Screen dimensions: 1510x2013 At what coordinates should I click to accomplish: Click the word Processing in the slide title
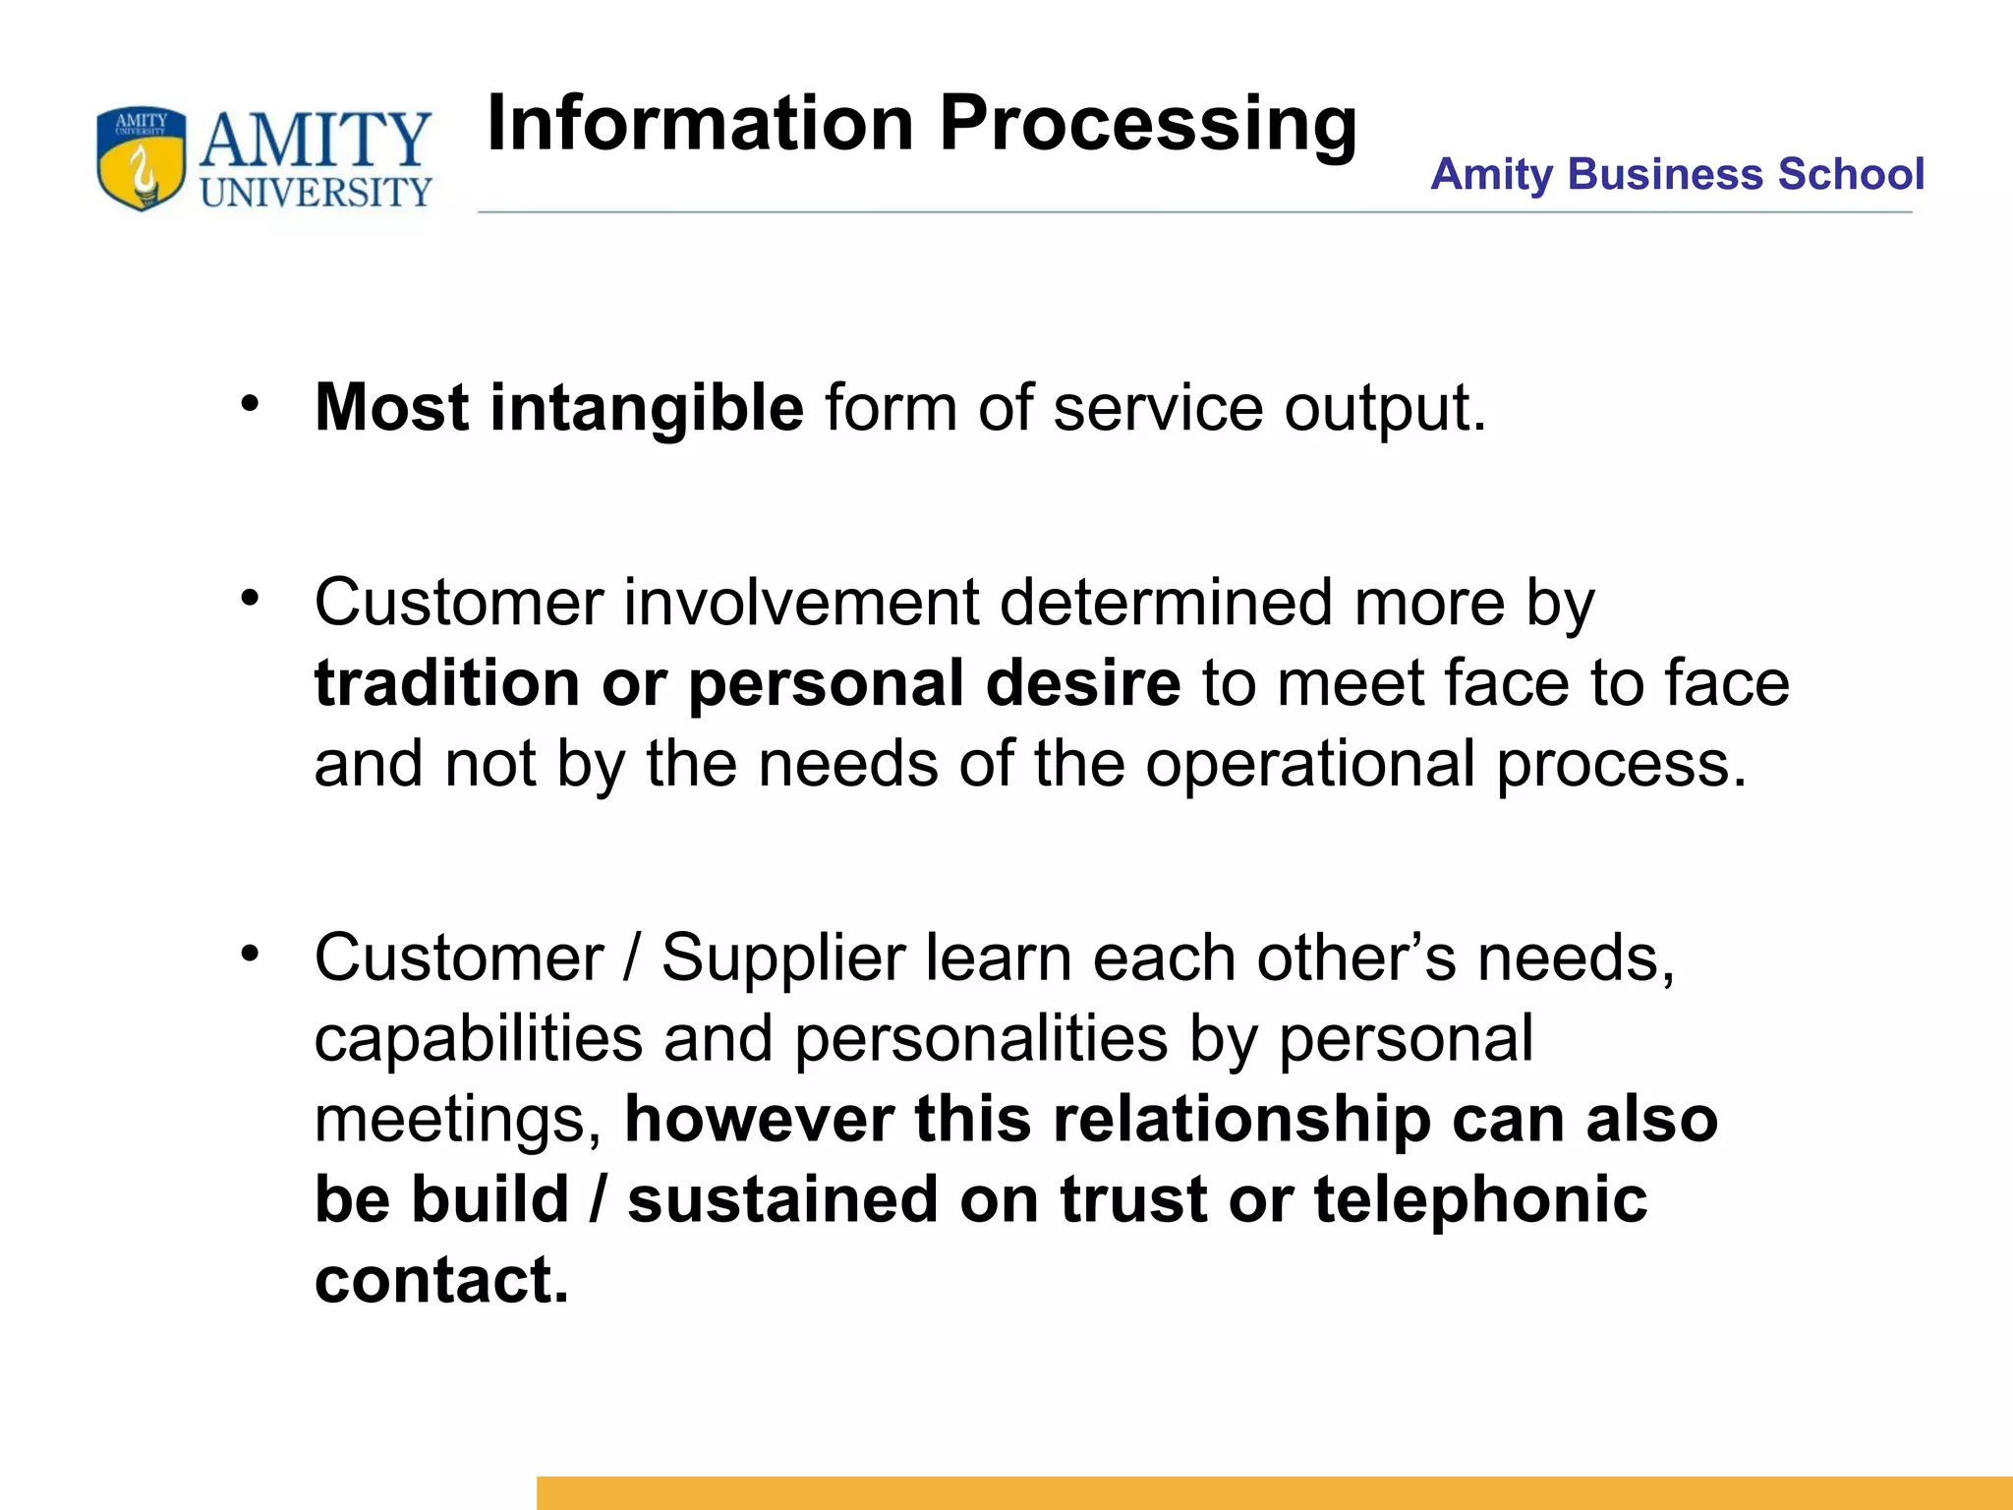(x=1147, y=124)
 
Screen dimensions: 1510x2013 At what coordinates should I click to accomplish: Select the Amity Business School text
(x=1676, y=174)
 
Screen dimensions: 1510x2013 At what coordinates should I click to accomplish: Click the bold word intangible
(x=647, y=408)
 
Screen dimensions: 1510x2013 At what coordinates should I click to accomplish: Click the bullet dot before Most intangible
(x=251, y=403)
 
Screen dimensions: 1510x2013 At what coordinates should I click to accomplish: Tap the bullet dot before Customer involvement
(x=251, y=597)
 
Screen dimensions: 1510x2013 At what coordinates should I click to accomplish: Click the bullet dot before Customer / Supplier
(x=251, y=953)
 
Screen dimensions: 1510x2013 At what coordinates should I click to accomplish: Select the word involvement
(x=800, y=602)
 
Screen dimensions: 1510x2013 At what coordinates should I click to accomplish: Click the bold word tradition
(x=447, y=683)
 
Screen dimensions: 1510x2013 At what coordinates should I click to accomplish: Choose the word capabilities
(x=478, y=1039)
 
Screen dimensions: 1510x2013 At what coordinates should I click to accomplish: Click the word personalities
(x=981, y=1039)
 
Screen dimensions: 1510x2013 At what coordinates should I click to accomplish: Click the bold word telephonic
(x=1480, y=1200)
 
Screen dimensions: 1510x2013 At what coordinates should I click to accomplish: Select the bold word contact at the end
(x=441, y=1281)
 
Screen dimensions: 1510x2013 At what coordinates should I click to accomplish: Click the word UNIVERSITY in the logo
(x=316, y=192)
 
